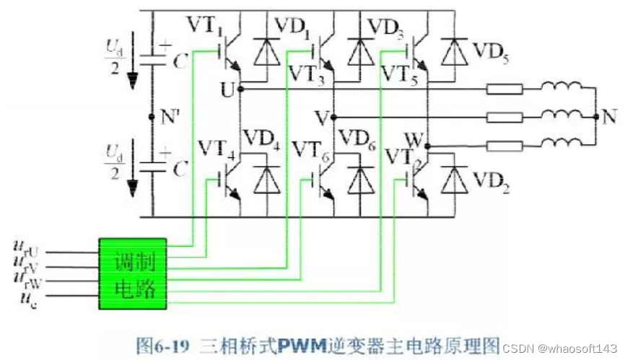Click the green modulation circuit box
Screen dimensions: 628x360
tap(133, 274)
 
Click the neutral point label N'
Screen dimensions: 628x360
tap(170, 118)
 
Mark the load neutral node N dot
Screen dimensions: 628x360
tap(596, 117)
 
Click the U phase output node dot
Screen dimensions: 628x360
tap(240, 89)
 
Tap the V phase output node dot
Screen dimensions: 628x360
tap(333, 118)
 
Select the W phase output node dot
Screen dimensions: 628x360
tap(428, 146)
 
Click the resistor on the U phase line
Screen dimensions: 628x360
tap(505, 89)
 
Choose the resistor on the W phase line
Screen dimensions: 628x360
tap(505, 146)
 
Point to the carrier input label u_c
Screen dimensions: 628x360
tap(28, 299)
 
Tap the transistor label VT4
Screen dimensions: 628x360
tap(217, 149)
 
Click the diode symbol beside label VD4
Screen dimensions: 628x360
tap(267, 180)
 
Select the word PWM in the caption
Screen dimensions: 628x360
tap(302, 345)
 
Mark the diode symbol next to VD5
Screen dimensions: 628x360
tap(454, 52)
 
